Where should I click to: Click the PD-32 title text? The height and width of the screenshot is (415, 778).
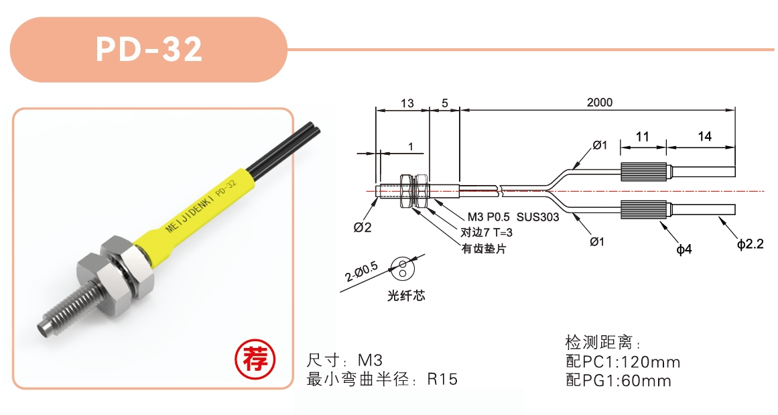(149, 49)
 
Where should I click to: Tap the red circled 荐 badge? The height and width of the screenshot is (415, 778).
(255, 359)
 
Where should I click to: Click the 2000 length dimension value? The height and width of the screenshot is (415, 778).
(599, 103)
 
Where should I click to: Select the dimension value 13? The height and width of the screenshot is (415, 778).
(407, 103)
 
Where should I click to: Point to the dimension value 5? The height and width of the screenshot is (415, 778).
(444, 103)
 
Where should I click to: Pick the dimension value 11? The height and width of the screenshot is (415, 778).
(643, 137)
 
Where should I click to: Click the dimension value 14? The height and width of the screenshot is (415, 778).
(704, 137)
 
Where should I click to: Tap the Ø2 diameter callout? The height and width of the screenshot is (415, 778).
(363, 227)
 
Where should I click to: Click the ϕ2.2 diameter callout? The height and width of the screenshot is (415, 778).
(751, 244)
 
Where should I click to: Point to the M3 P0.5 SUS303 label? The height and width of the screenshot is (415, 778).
(513, 217)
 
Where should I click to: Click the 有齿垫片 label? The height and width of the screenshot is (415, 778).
(484, 249)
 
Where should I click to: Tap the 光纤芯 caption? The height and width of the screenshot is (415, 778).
(406, 296)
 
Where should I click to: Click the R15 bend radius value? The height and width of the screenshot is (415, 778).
(442, 379)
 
